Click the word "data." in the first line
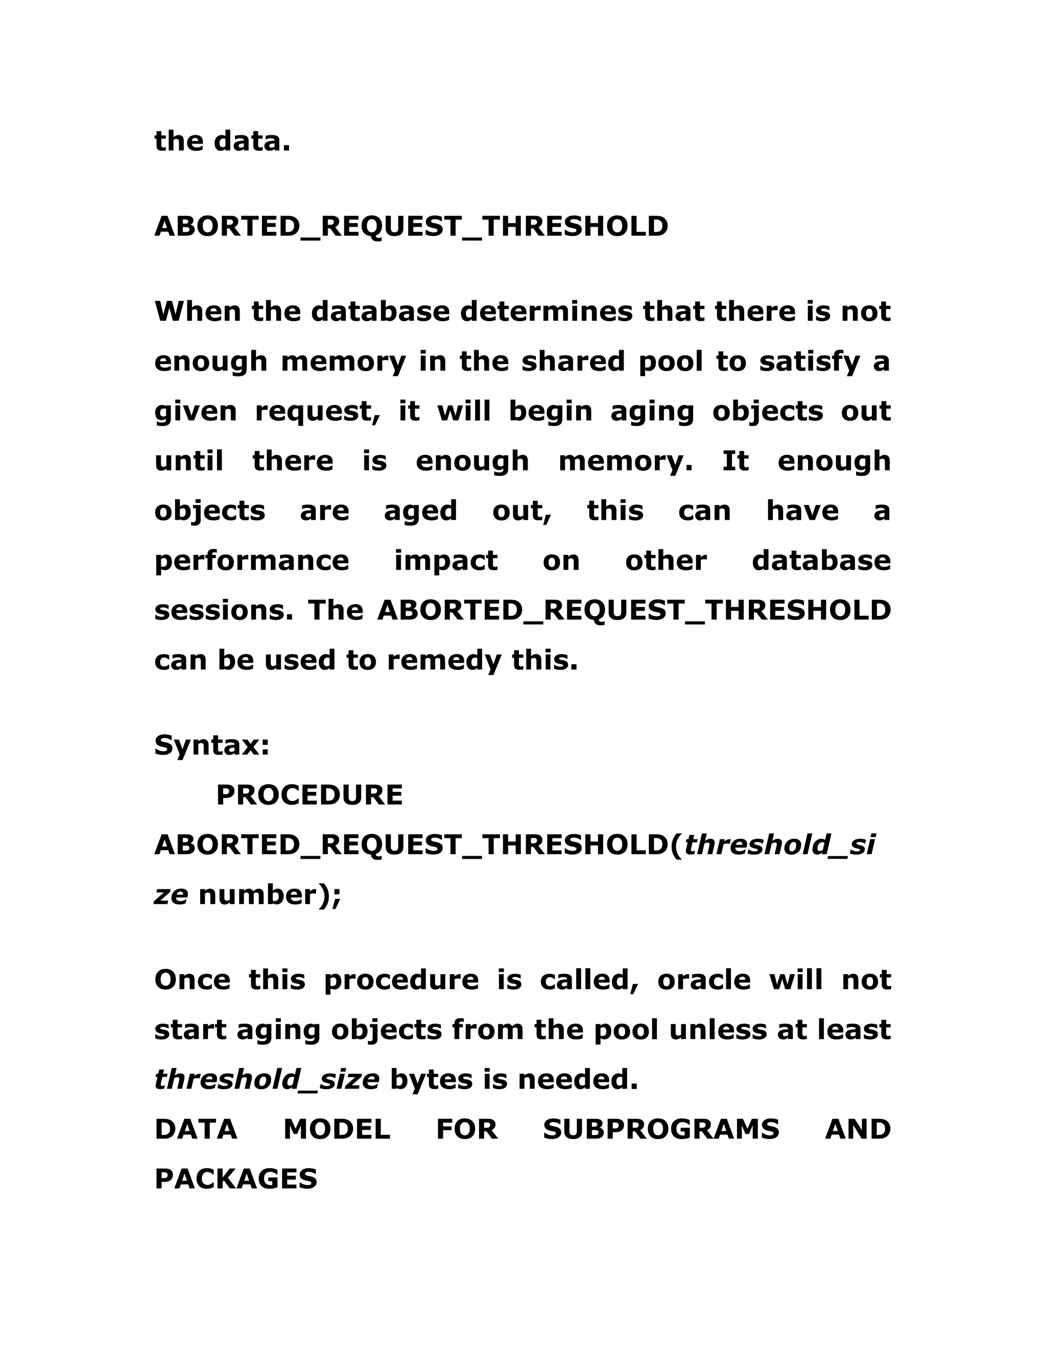click(x=252, y=142)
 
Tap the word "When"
click(x=198, y=311)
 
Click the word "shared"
click(x=573, y=362)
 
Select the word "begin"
click(x=550, y=412)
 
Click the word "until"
click(x=188, y=462)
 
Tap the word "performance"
click(x=252, y=561)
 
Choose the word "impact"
click(x=445, y=561)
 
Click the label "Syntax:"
click(x=212, y=745)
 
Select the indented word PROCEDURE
click(x=309, y=795)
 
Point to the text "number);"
click(x=270, y=895)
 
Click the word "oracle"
click(x=703, y=980)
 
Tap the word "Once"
click(x=192, y=980)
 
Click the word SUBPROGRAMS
click(x=660, y=1129)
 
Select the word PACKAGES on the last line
click(x=235, y=1179)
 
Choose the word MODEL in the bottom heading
click(x=337, y=1129)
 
